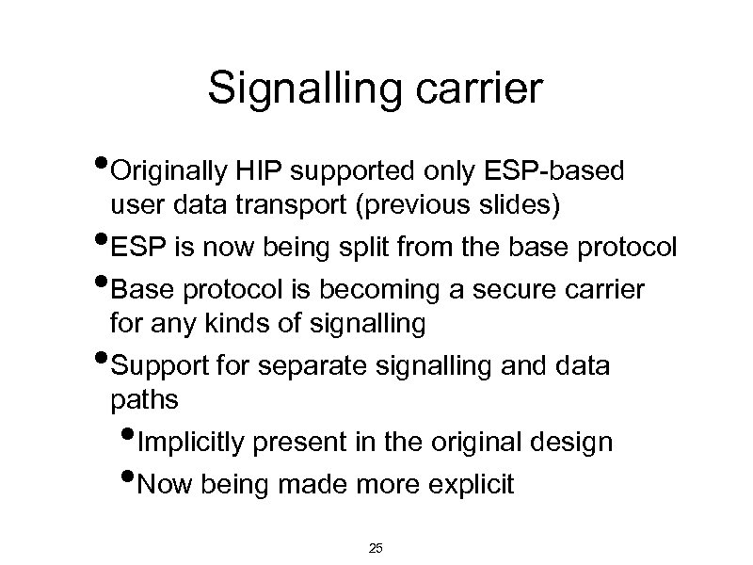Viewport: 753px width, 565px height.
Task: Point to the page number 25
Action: (x=376, y=548)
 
